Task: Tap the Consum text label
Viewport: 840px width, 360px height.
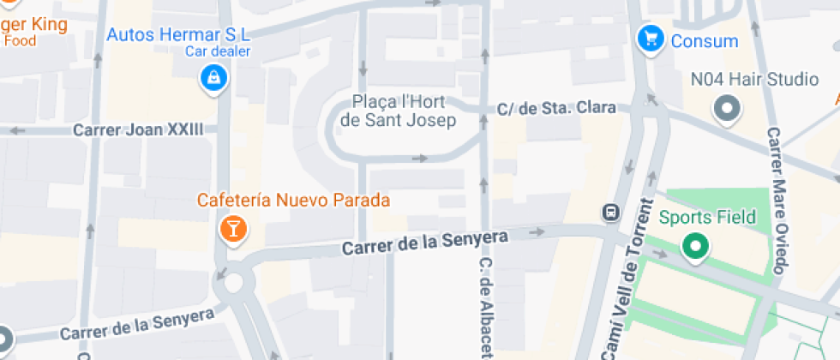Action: pos(704,40)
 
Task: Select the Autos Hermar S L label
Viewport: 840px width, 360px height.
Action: pos(177,35)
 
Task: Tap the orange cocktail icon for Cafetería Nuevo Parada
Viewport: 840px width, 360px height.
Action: pos(231,229)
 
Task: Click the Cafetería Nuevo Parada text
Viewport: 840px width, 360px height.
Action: pos(293,201)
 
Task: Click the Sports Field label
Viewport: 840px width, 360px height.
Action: pos(707,217)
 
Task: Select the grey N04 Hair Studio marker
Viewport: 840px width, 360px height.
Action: pos(728,109)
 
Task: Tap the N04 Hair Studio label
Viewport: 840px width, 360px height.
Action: pos(754,80)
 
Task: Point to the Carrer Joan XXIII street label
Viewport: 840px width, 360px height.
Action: pos(138,130)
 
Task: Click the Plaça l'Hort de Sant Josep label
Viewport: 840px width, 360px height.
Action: pos(398,111)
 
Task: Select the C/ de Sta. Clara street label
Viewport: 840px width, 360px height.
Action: pos(557,109)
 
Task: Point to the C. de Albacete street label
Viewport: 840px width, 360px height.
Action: pos(485,309)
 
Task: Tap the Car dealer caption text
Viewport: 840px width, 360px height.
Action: pos(217,51)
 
